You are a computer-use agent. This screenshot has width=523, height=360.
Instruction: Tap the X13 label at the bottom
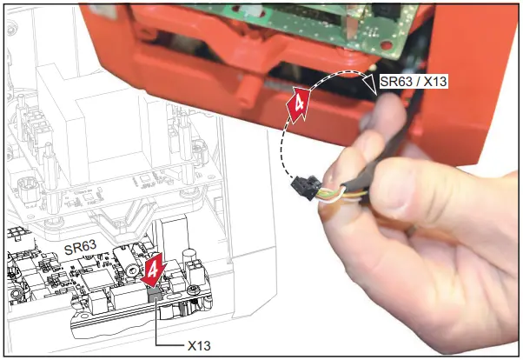pos(202,344)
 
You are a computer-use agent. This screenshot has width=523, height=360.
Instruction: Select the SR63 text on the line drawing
pos(81,248)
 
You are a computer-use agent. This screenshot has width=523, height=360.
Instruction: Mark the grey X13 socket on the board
pos(153,295)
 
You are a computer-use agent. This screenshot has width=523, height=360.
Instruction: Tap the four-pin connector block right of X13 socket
pos(184,288)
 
